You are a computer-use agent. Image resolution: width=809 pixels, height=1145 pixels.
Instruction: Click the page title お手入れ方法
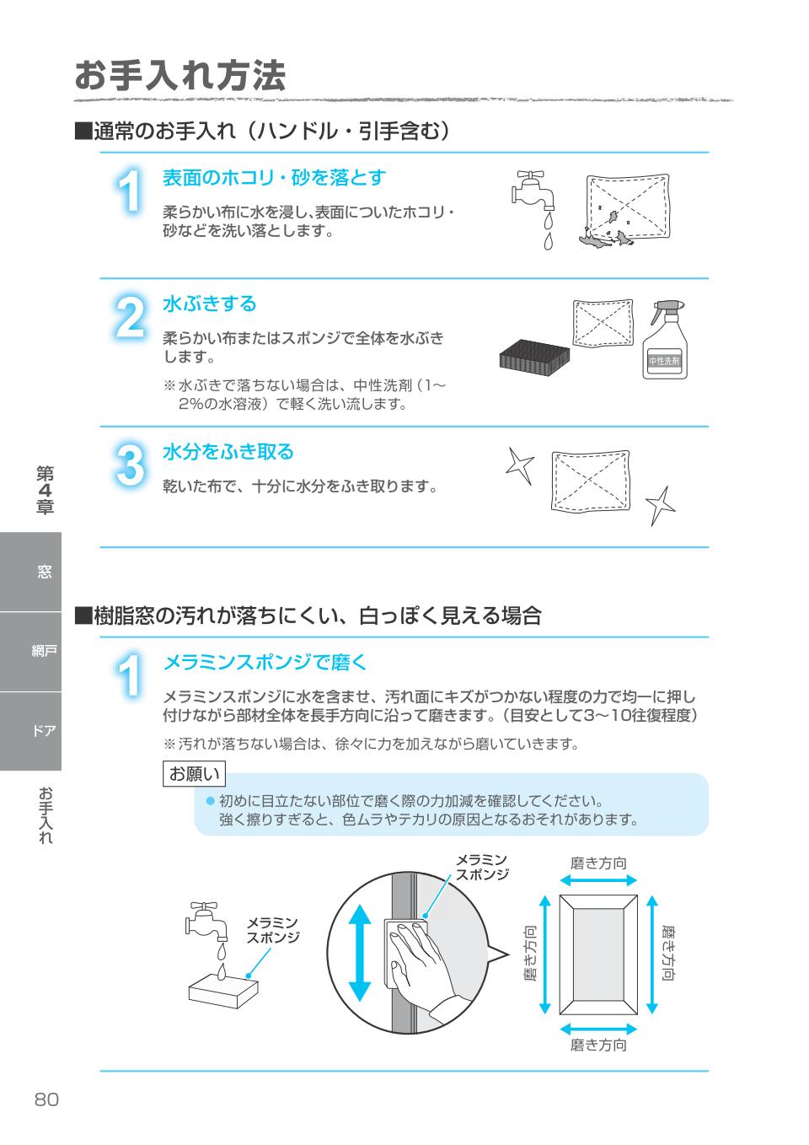pyautogui.click(x=180, y=76)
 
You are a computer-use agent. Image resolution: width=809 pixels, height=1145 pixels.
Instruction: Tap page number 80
pyautogui.click(x=47, y=1099)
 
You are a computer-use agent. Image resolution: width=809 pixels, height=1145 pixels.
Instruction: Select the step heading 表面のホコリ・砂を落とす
pyautogui.click(x=274, y=178)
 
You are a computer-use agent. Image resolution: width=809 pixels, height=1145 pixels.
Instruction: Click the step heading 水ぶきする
pyautogui.click(x=209, y=304)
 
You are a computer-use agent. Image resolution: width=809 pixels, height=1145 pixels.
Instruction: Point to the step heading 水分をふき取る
pyautogui.click(x=228, y=452)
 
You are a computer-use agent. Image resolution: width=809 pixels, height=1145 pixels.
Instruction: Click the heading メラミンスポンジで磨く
pyautogui.click(x=265, y=662)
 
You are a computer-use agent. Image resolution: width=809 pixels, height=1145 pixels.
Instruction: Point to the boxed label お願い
pyautogui.click(x=194, y=774)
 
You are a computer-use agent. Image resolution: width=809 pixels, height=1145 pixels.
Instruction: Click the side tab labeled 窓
pyautogui.click(x=44, y=572)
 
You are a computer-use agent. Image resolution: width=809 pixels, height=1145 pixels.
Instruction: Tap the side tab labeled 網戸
pyautogui.click(x=44, y=652)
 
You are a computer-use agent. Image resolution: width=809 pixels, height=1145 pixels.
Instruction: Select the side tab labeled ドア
pyautogui.click(x=44, y=731)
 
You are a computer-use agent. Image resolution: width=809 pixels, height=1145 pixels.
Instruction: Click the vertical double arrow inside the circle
pyautogui.click(x=360, y=953)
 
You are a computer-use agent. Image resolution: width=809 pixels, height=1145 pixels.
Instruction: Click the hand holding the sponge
pyautogui.click(x=421, y=961)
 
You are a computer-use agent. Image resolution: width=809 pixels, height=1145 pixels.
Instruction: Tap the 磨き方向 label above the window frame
pyautogui.click(x=598, y=863)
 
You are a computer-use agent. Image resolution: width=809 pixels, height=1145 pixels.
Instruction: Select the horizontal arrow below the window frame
pyautogui.click(x=598, y=1029)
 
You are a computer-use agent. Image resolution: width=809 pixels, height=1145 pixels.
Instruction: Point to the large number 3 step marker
pyautogui.click(x=129, y=466)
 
